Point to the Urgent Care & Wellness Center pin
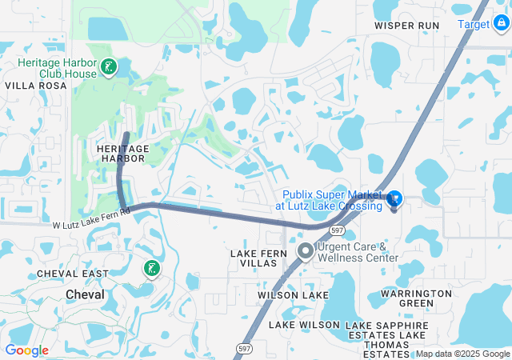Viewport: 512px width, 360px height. (305, 252)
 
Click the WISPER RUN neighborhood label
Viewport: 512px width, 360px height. (407, 26)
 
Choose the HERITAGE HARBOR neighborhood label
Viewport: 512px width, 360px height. (122, 154)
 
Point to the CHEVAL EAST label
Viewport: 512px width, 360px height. (71, 274)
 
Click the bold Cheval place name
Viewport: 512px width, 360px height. (86, 294)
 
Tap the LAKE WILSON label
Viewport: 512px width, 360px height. (304, 325)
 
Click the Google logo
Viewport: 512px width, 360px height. (27, 350)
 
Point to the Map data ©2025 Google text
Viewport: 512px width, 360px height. (462, 354)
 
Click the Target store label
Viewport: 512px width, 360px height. (474, 24)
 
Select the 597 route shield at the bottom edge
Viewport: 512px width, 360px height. (243, 349)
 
